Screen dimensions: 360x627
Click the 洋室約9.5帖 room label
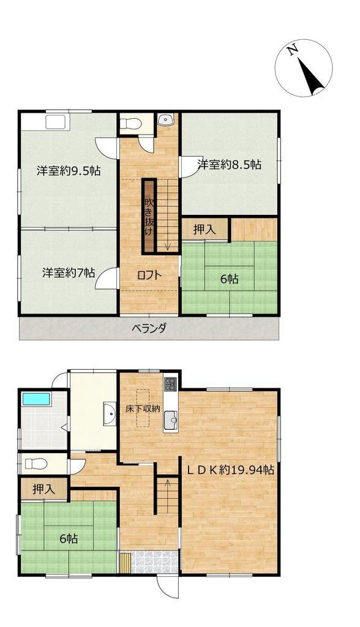click(69, 171)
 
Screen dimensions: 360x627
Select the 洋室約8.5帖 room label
click(230, 164)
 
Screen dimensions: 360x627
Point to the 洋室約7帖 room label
click(69, 272)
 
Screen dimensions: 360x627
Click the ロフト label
click(149, 275)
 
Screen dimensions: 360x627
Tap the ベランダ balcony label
click(149, 328)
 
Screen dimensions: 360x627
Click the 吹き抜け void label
click(149, 216)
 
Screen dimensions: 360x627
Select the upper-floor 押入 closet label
click(205, 230)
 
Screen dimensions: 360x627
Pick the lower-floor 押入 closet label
click(44, 489)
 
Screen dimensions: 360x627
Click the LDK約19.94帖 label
click(231, 470)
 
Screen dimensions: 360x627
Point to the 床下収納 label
click(143, 408)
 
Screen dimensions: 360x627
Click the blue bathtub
click(36, 399)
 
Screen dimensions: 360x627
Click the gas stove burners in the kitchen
click(170, 385)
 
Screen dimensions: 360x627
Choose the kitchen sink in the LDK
click(170, 419)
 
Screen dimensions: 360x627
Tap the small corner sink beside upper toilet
click(165, 119)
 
